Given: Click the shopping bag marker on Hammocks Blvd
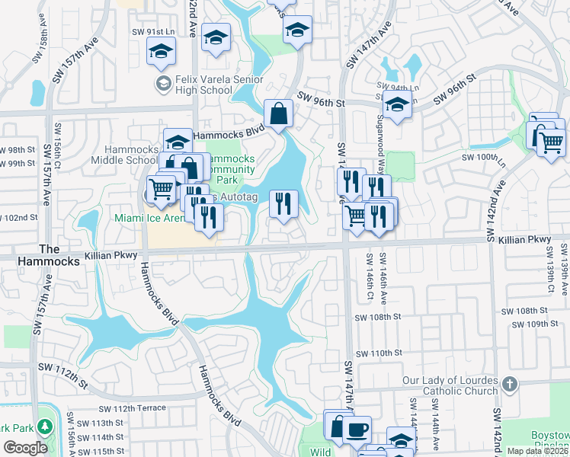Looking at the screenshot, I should (280, 114).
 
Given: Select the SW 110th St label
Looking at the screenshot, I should (379, 353).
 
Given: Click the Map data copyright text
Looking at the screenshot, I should (537, 451).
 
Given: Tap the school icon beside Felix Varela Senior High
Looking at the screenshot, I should (162, 83).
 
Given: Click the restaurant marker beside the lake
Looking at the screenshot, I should (283, 203).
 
